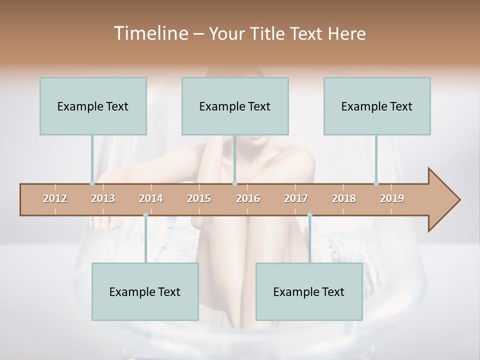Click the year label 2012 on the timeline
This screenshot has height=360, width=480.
click(x=55, y=198)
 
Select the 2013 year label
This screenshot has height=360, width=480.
click(x=103, y=198)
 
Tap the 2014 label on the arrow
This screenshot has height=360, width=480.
click(x=151, y=198)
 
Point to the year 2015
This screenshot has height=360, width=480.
click(x=199, y=198)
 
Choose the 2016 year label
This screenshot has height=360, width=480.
click(x=248, y=198)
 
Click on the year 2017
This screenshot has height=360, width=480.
click(x=296, y=198)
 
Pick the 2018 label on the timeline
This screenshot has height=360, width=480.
click(x=344, y=198)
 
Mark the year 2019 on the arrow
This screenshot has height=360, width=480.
click(x=392, y=198)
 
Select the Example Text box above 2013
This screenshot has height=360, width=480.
click(x=93, y=106)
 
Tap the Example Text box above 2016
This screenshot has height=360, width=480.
click(x=235, y=106)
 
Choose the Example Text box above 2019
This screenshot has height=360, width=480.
click(x=377, y=106)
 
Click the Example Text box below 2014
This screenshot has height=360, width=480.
click(x=145, y=291)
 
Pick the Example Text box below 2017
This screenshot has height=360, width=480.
click(x=309, y=291)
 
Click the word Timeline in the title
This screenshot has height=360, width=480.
click(x=150, y=33)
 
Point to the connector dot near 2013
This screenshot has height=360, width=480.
click(x=92, y=183)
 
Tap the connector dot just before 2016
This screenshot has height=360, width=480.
click(x=234, y=183)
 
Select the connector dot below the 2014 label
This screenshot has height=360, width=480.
click(x=145, y=215)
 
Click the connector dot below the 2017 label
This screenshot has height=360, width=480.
click(x=309, y=215)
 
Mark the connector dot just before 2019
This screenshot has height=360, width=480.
click(x=376, y=183)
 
